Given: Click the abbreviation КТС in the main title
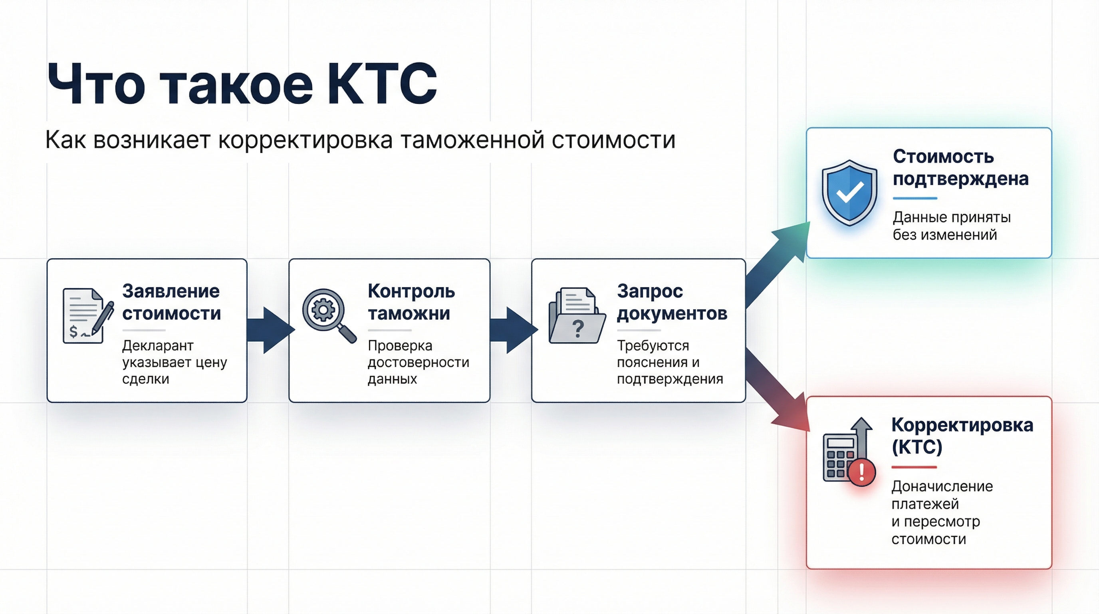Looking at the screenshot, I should pos(382,84).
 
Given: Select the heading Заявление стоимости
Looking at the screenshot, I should pos(171,302).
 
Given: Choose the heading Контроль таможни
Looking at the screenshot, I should pos(411,302).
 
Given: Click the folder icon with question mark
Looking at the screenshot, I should pos(576,316).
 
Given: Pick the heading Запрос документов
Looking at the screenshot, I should pos(672,302).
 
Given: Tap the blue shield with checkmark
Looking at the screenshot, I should pos(849,193).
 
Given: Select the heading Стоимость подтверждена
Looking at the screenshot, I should pos(960,168).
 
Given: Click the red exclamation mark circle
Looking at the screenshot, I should pos(862,472).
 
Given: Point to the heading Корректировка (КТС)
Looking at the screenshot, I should pos(962,436).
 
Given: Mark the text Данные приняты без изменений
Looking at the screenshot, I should pos(951,226).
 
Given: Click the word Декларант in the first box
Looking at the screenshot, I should pos(157,345).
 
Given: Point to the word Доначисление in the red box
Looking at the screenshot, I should pos(942,486).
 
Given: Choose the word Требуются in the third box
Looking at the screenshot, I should pos(653,345).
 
